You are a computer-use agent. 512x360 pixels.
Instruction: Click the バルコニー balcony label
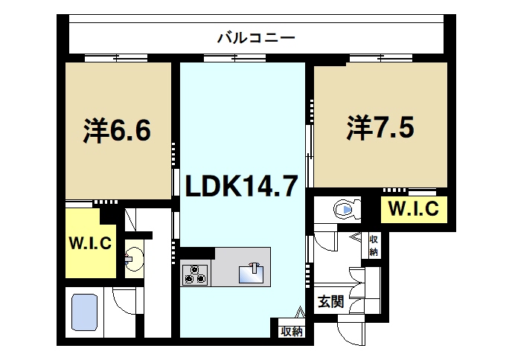tap(256, 36)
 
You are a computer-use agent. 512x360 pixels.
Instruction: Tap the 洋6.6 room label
tap(117, 131)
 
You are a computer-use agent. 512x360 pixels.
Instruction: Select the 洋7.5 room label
tap(379, 128)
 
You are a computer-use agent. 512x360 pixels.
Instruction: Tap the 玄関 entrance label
tap(330, 302)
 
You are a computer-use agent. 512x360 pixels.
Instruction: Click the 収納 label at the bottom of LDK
tap(291, 331)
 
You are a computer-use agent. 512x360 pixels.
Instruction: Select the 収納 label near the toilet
tap(373, 245)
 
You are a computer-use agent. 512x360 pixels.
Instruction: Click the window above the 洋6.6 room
tap(115, 58)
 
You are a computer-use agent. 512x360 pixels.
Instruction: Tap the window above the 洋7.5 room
tap(379, 58)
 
